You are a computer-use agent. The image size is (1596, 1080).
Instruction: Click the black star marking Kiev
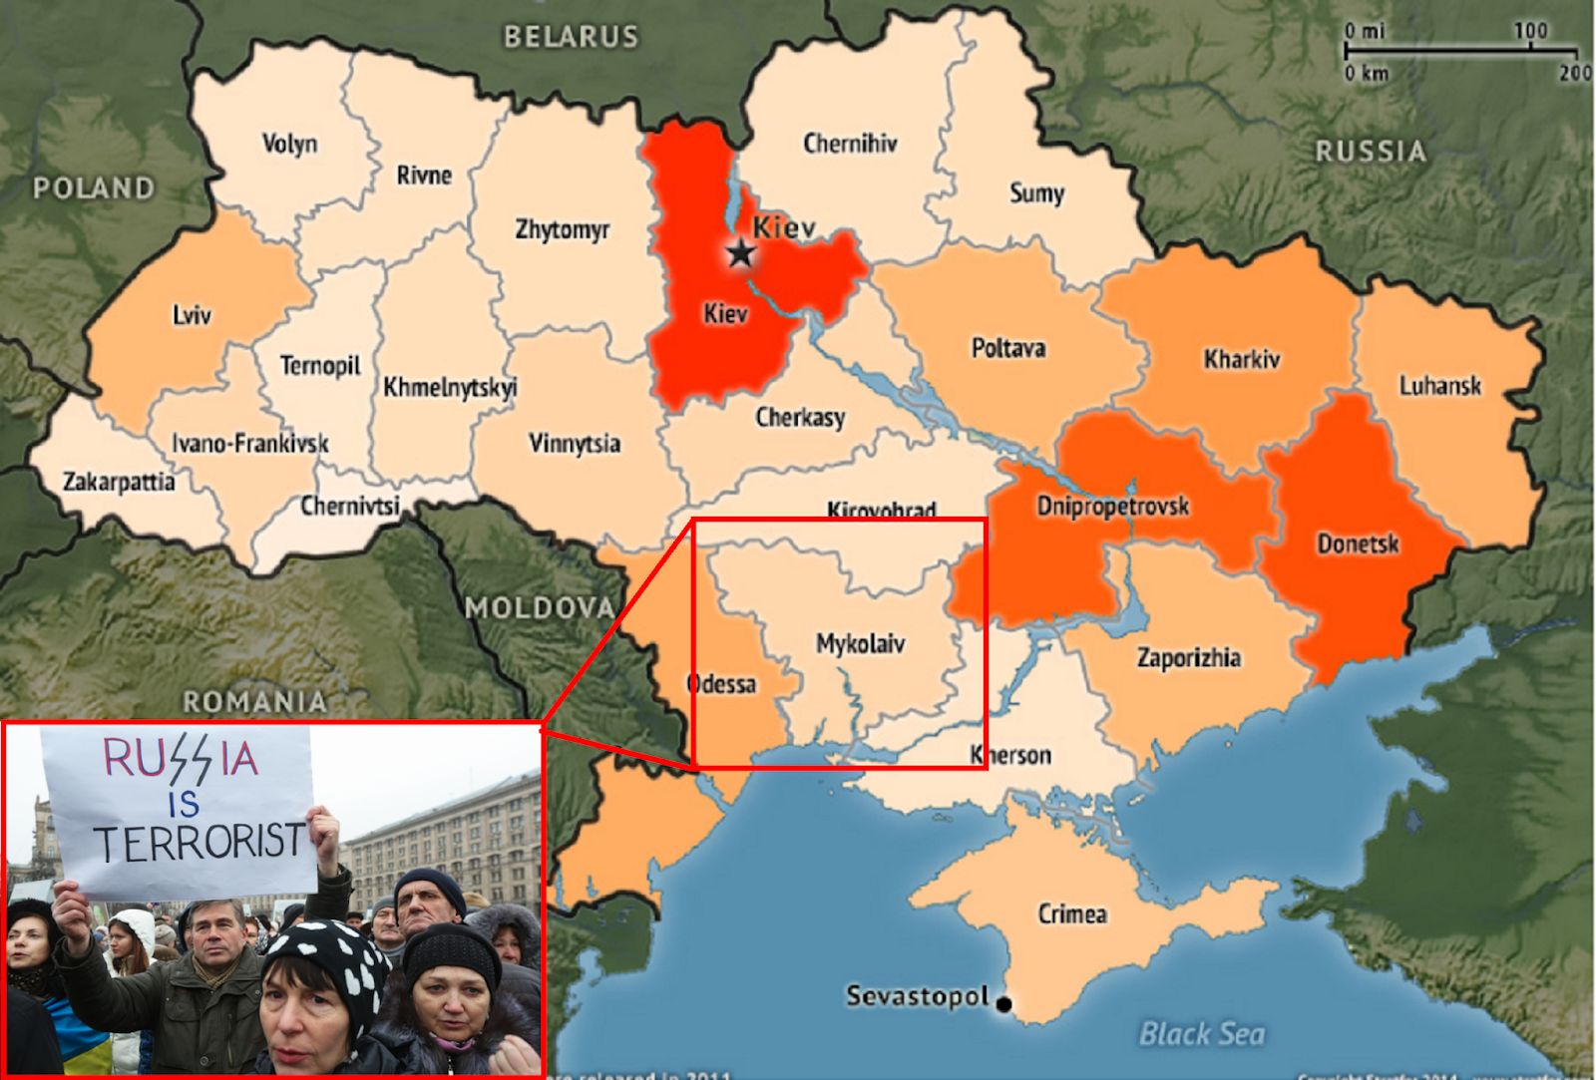(740, 252)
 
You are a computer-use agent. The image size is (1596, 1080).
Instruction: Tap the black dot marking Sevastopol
(1004, 1004)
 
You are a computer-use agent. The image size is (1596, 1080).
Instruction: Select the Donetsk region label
(1358, 544)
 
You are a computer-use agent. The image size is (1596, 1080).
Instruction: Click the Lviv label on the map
(192, 316)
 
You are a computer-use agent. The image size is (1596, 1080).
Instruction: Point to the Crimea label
(1072, 914)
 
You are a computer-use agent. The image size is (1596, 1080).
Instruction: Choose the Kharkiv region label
(1241, 359)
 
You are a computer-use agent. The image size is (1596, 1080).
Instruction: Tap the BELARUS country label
(571, 37)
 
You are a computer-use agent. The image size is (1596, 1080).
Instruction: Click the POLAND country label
(94, 187)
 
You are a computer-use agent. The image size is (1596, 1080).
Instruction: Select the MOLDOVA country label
(540, 607)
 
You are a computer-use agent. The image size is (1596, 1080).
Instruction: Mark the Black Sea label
(1202, 1034)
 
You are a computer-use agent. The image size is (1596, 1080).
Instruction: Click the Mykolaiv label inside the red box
(860, 643)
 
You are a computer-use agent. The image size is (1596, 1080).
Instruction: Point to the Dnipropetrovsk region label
(1112, 507)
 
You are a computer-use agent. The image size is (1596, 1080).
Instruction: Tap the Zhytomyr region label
(562, 230)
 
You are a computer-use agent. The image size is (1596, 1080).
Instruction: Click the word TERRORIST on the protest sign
(199, 843)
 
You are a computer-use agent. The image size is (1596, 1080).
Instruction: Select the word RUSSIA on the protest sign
(181, 759)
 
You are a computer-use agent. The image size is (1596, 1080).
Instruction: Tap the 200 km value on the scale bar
(1575, 73)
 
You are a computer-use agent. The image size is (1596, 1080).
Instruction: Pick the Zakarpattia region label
(119, 483)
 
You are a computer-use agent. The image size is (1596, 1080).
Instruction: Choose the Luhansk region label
(1439, 386)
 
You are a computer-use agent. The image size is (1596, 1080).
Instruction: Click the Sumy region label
(1036, 193)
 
